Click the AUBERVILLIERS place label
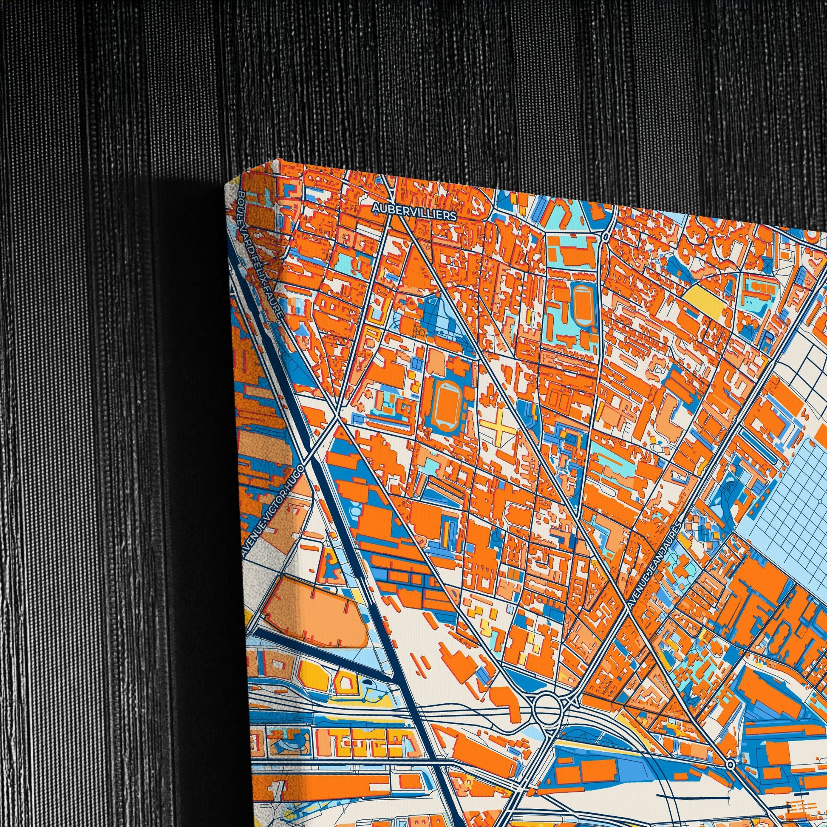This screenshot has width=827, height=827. tap(413, 212)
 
